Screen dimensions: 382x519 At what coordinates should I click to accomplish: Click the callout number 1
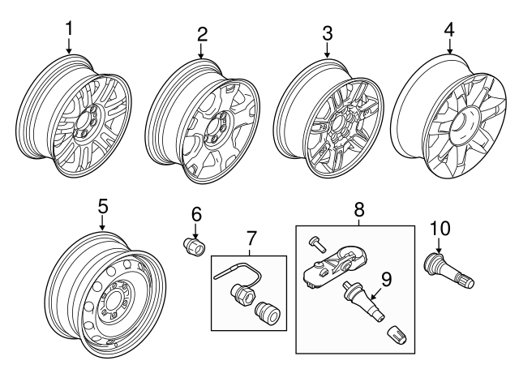pos(69,28)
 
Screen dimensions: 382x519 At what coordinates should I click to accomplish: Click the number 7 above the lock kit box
pos(251,239)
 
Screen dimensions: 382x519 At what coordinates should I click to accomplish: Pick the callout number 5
pos(102,206)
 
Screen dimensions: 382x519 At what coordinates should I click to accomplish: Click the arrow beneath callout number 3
pos(327,50)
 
